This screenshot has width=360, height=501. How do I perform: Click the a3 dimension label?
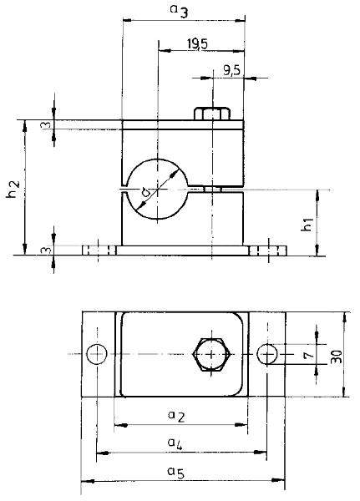coord(179,11)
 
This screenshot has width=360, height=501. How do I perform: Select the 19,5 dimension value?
coord(197,43)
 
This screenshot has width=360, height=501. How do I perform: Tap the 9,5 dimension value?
coord(231,69)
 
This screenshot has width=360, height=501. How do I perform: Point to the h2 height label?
coord(13,189)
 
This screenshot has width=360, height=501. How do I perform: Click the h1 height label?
coord(307,224)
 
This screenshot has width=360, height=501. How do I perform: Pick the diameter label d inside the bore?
coord(145,192)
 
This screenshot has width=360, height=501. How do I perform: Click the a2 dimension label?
coord(176,416)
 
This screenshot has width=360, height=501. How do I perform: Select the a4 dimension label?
coord(175,444)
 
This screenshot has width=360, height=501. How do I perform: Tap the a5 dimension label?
coord(176,473)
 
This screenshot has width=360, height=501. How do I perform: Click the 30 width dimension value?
coord(337,357)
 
